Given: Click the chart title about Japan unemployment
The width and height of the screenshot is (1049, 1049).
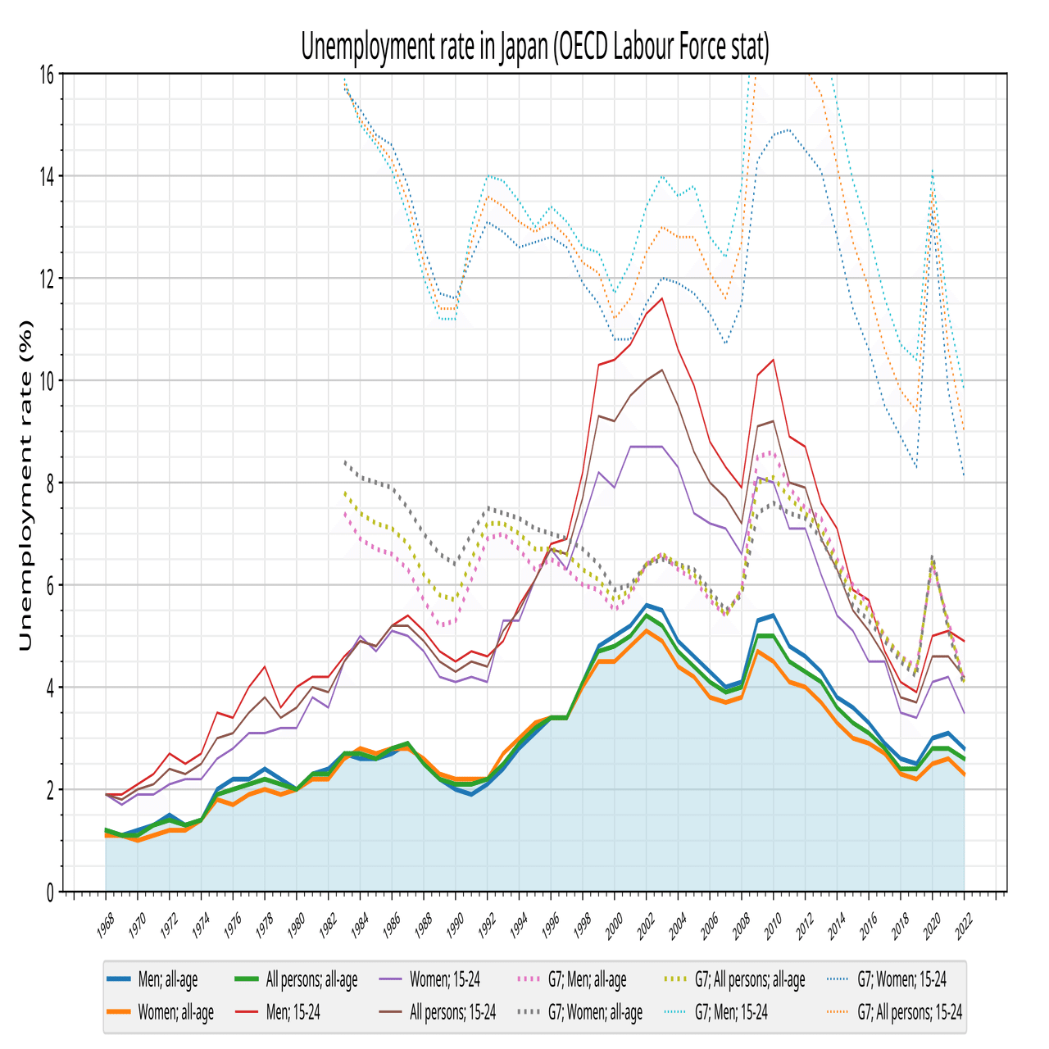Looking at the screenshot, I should pyautogui.click(x=535, y=48).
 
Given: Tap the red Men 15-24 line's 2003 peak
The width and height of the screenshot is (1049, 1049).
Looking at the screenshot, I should pyautogui.click(x=662, y=298).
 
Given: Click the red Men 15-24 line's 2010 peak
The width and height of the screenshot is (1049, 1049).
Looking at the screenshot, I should pyautogui.click(x=773, y=360).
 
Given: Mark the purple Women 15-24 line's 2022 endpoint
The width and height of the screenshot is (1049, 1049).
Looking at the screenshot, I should pyautogui.click(x=965, y=713).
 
